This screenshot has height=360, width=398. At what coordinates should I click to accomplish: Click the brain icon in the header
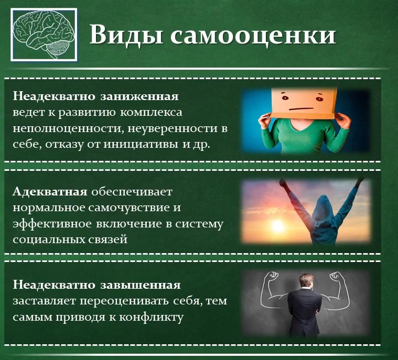click(x=44, y=35)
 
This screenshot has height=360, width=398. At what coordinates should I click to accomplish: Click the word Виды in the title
click(x=126, y=34)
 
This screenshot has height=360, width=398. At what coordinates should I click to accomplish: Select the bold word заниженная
click(x=139, y=96)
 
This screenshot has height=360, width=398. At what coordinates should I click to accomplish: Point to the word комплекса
click(x=151, y=113)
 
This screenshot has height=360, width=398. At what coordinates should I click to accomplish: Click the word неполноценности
click(x=68, y=128)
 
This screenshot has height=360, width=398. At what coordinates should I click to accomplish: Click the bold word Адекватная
click(x=50, y=192)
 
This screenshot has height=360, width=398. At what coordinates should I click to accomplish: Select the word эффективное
click(x=52, y=224)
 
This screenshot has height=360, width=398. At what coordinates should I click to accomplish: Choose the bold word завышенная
click(x=141, y=285)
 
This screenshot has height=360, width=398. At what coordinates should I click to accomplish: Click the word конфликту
click(x=151, y=318)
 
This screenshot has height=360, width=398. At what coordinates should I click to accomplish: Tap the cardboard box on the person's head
click(x=304, y=103)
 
